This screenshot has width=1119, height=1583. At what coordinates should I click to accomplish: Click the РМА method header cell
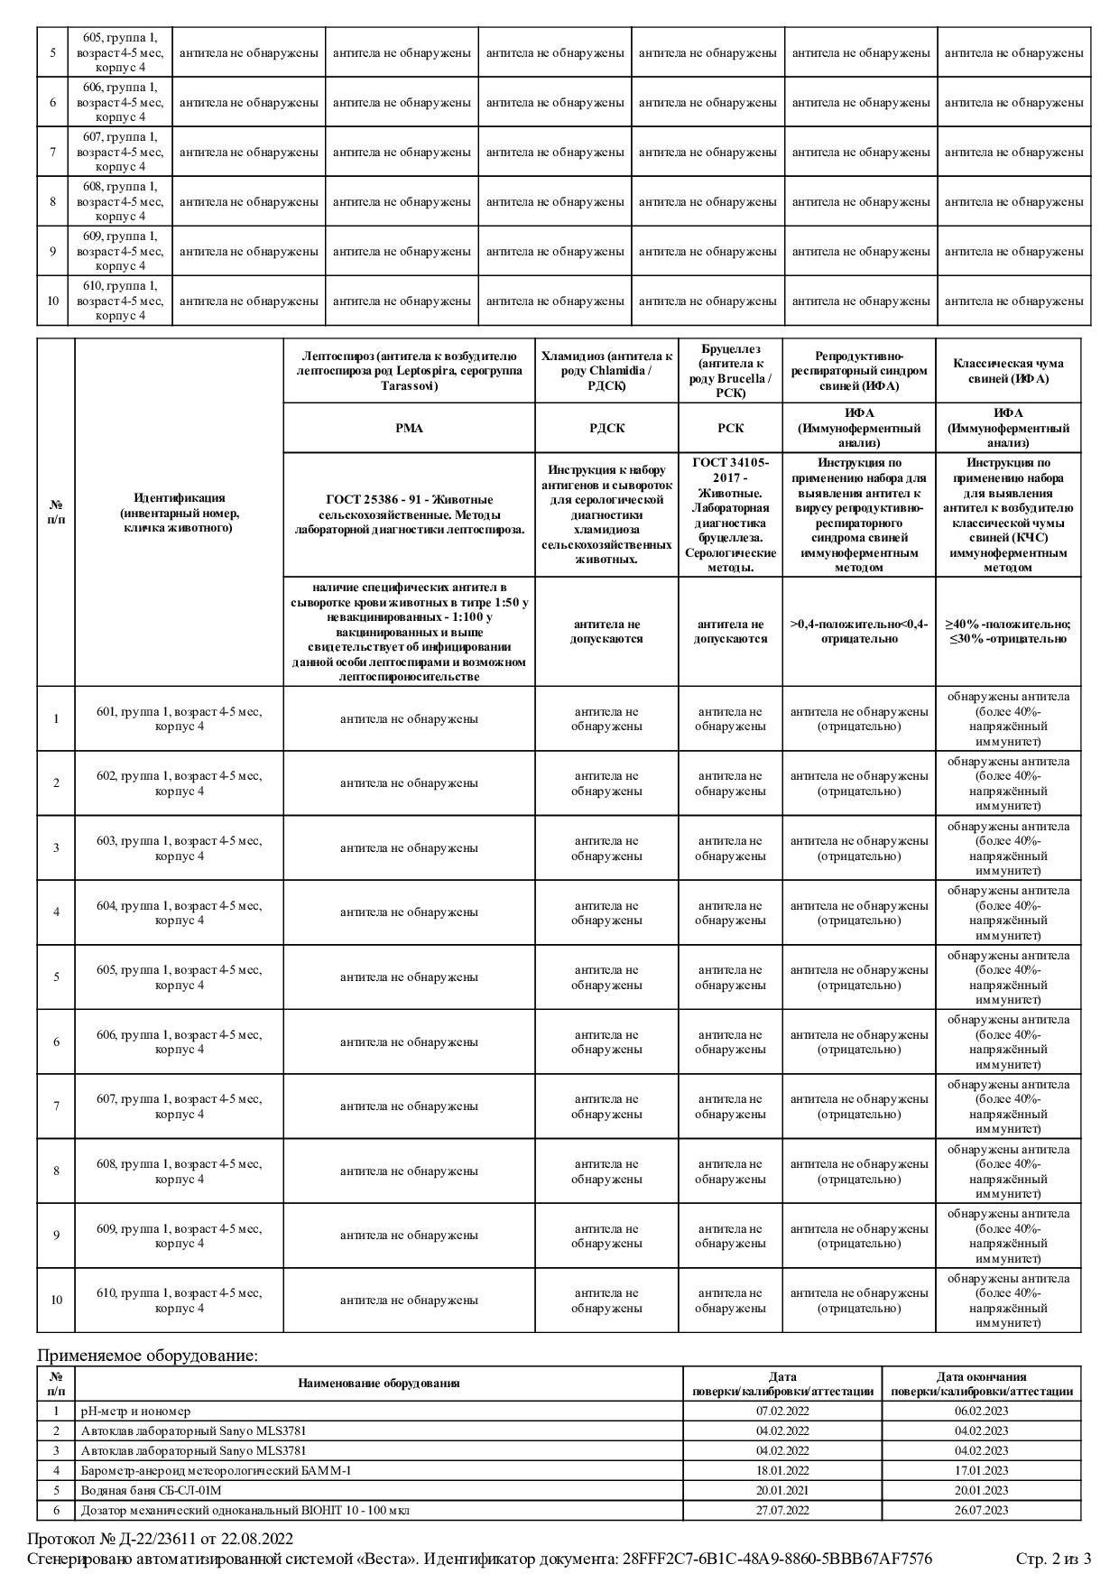click(409, 428)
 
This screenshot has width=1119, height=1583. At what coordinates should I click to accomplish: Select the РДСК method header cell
click(606, 428)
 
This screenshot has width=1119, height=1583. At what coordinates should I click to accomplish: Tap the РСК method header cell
click(730, 428)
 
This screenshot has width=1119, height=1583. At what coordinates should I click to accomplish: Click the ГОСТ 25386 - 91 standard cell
click(409, 514)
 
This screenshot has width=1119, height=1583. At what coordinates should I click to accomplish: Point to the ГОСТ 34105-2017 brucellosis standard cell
click(730, 514)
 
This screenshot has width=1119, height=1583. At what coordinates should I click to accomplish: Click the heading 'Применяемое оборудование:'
click(147, 1355)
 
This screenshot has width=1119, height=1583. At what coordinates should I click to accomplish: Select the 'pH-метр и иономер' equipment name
click(135, 1411)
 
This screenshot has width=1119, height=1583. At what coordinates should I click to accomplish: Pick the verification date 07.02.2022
click(782, 1411)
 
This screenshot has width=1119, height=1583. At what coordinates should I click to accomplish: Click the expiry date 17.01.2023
click(981, 1470)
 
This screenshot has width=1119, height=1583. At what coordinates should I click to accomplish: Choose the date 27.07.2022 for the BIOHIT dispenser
click(782, 1510)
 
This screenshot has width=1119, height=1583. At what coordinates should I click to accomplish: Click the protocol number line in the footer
click(161, 1539)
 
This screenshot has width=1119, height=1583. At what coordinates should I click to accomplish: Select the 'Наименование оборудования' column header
click(379, 1383)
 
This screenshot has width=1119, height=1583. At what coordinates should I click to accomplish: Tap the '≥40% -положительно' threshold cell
click(1008, 632)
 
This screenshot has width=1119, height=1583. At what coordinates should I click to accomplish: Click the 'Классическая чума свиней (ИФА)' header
click(1008, 371)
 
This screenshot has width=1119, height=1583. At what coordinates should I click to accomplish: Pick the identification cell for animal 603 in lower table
click(179, 848)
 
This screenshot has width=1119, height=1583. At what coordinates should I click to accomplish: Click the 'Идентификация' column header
click(179, 512)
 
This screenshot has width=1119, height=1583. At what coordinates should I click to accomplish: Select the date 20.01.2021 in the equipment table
click(782, 1490)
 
